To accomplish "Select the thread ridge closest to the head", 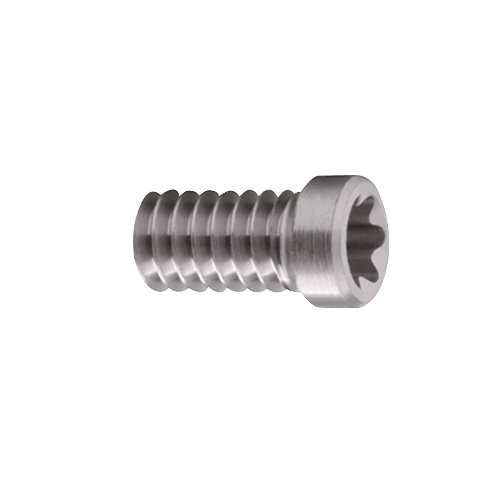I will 283,241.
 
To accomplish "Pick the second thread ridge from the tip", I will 177,241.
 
